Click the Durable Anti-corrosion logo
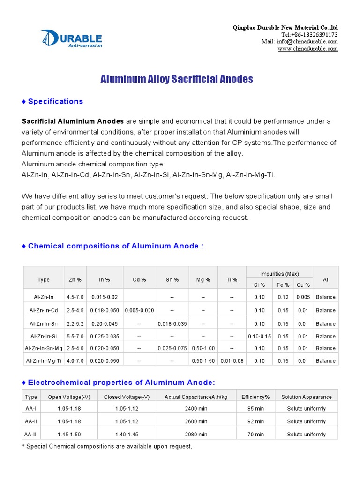pyautogui.click(x=71, y=38)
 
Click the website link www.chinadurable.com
pyautogui.click(x=307, y=49)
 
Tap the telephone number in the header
pyautogui.click(x=309, y=35)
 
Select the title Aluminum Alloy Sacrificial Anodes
pyautogui.click(x=177, y=79)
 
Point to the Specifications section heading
pyautogui.click(x=52, y=101)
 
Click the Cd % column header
pyautogui.click(x=139, y=280)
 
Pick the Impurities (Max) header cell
pyautogui.click(x=279, y=274)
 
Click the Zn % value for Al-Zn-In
pyautogui.click(x=75, y=297)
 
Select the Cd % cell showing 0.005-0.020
pyautogui.click(x=139, y=310)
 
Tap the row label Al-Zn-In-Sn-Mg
pyautogui.click(x=44, y=348)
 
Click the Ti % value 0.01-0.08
pyautogui.click(x=232, y=361)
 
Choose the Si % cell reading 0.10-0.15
pyautogui.click(x=259, y=336)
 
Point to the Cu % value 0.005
pyautogui.click(x=303, y=297)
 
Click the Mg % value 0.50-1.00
pyautogui.click(x=203, y=348)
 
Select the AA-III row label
pyautogui.click(x=31, y=435)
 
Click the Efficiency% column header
pyautogui.click(x=255, y=397)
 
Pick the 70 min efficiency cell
pyautogui.click(x=255, y=435)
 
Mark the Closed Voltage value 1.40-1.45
pyautogui.click(x=127, y=435)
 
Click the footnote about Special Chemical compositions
pyautogui.click(x=107, y=447)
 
